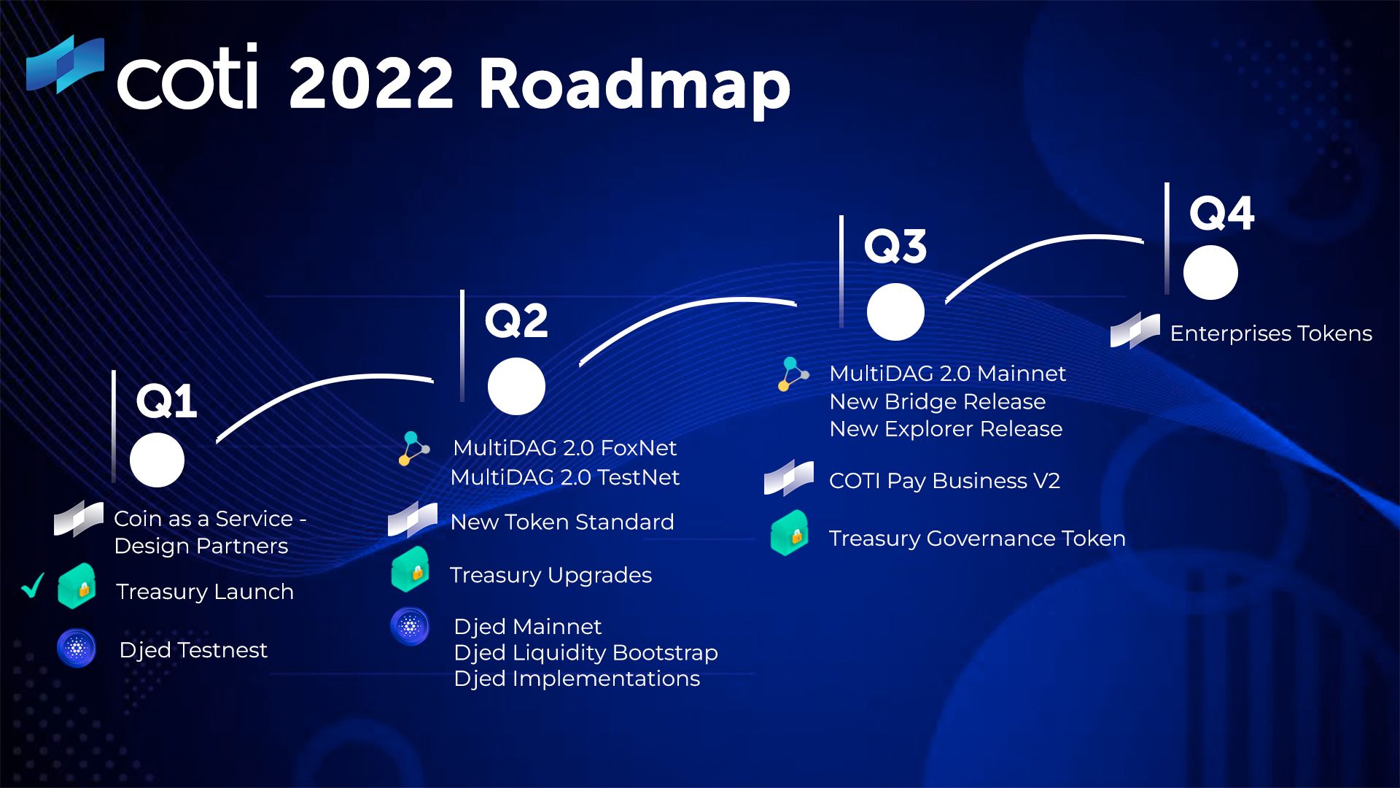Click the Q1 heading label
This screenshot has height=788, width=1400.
166,401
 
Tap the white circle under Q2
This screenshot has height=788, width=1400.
516,386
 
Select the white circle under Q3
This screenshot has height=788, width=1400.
895,312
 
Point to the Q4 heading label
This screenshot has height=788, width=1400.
1221,213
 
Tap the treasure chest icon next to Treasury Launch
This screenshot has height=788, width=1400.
77,586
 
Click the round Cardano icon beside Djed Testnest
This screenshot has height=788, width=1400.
77,648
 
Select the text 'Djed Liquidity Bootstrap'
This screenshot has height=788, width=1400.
586,652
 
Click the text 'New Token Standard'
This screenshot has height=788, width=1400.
562,522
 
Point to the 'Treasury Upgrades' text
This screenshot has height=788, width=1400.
551,575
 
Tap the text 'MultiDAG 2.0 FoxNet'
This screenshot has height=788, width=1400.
565,447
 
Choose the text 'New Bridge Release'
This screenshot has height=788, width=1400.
938,401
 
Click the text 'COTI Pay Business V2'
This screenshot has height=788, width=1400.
944,481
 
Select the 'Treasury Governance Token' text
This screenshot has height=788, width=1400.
977,538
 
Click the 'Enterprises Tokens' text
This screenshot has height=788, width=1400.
1271,333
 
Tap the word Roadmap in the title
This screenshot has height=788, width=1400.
634,86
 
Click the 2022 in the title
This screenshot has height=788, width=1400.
372,82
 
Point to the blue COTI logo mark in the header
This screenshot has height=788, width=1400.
65,64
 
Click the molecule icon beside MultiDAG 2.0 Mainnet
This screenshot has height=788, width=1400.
793,374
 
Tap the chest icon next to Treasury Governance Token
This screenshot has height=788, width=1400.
790,533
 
